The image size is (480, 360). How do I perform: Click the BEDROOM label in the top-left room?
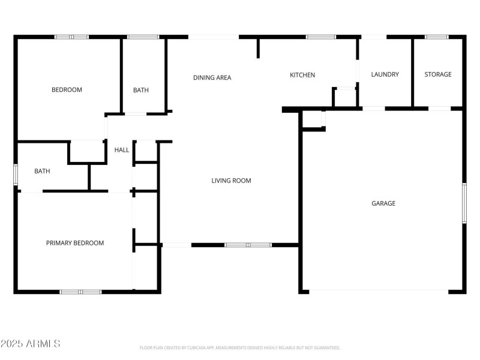[67, 90]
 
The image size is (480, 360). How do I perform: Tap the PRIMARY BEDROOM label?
[75, 243]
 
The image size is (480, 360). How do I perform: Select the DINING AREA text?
[212, 77]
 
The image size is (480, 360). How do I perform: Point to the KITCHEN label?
[302, 75]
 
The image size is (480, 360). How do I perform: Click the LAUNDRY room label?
[385, 74]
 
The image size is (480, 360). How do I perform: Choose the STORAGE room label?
[438, 74]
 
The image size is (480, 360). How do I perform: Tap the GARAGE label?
[383, 203]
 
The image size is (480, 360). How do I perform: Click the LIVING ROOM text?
[231, 181]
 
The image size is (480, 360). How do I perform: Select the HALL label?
[122, 150]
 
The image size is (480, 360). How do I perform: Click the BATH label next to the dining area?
[141, 91]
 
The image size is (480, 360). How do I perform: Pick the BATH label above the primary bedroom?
[42, 171]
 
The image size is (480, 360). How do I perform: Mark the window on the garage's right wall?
[464, 203]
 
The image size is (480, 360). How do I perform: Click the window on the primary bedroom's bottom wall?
[80, 292]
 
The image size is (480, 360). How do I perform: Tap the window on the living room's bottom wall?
[248, 245]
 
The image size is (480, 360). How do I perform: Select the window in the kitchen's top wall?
[321, 37]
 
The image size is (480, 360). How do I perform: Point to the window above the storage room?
[437, 37]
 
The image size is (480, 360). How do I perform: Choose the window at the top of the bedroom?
[71, 37]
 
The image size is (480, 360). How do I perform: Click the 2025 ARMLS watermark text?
[30, 344]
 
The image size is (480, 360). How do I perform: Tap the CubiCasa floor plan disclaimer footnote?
[240, 347]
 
